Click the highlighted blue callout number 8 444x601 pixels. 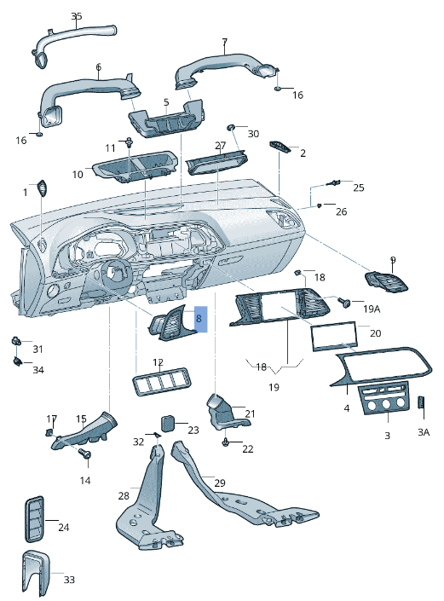pos(199,318)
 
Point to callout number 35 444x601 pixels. pos(77,16)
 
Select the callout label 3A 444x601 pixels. pos(424,432)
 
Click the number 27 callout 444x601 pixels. pos(220,146)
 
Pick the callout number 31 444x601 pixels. pos(37,349)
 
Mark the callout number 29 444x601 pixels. pos(220,483)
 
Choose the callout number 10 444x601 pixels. pos(78,174)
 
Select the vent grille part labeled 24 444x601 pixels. pos(35,517)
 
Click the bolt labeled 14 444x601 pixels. pos(84,456)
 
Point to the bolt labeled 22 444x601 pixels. pos(225,442)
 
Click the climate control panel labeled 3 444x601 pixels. pos(386,401)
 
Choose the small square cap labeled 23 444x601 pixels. pos(169,420)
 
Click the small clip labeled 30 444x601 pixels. pos(230,127)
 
